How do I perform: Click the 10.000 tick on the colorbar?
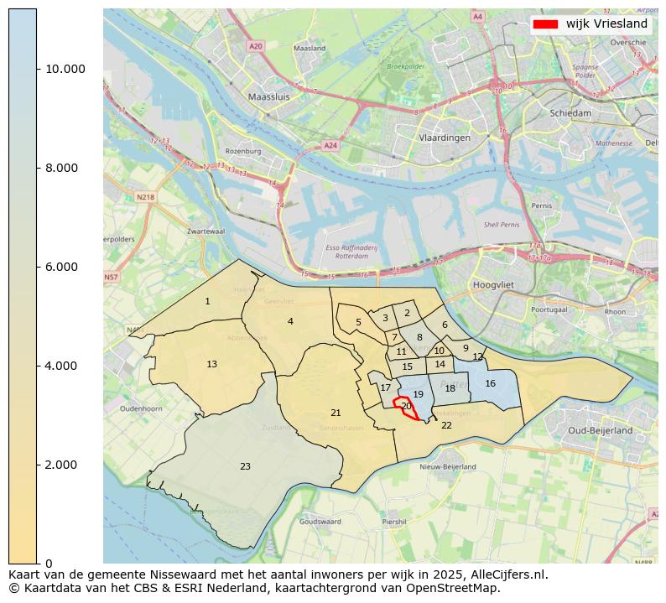coord(38,69)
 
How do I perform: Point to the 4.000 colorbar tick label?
coord(65,366)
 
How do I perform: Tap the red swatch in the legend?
coord(545,24)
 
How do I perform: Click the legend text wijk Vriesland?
coord(606,24)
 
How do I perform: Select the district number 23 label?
coord(245,466)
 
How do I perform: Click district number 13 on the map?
coord(212,364)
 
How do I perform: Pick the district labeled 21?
coord(336,413)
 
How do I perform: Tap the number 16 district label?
coord(491,383)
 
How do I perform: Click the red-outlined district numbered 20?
coord(406,406)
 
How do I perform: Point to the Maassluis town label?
coord(269,97)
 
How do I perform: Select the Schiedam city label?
coord(570,112)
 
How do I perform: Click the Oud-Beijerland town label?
coord(600,430)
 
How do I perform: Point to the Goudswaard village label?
coord(320,521)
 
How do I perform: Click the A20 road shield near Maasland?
coord(255,46)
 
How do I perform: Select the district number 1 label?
coord(208,301)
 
